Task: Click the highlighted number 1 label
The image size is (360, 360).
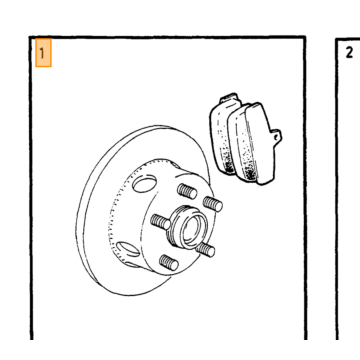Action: (x=43, y=53)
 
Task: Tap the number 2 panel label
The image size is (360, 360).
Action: (x=349, y=52)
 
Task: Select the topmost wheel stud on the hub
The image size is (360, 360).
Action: (x=187, y=191)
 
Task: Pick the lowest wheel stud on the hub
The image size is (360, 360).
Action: (x=169, y=263)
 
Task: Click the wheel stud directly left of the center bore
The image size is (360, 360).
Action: (x=160, y=222)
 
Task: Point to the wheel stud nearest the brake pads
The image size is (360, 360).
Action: (x=213, y=204)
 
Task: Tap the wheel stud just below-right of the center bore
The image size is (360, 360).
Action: (x=205, y=250)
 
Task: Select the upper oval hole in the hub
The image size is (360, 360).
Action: (x=144, y=184)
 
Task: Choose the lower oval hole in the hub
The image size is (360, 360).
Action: (x=128, y=249)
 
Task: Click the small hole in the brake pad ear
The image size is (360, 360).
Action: (x=276, y=137)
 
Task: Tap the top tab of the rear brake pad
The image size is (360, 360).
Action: (x=230, y=98)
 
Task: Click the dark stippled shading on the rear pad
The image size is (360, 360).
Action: (x=227, y=162)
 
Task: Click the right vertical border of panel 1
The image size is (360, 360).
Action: (x=305, y=188)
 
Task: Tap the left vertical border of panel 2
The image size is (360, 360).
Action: (x=337, y=189)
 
